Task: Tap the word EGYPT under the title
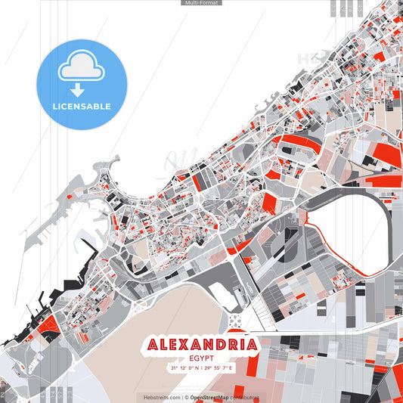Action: [x=202, y=360]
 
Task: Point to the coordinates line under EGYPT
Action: [x=202, y=368]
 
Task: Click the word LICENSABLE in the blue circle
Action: [x=82, y=107]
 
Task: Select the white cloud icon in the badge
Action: [x=81, y=68]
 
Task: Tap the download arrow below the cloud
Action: [x=78, y=90]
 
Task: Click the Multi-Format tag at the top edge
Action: [x=201, y=3]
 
